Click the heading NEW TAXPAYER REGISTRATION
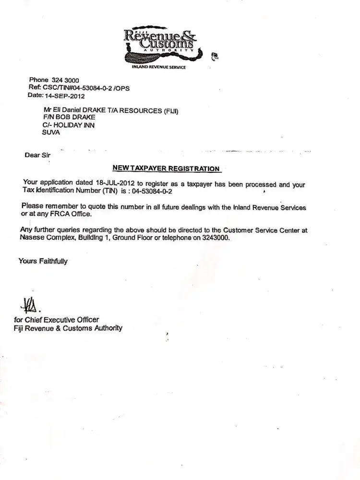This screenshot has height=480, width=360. point(166,168)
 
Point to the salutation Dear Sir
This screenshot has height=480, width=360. point(37,155)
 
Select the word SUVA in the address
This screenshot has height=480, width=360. point(52,132)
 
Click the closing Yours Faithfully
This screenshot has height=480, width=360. point(43,261)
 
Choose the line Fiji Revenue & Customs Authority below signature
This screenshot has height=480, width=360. point(68,328)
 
